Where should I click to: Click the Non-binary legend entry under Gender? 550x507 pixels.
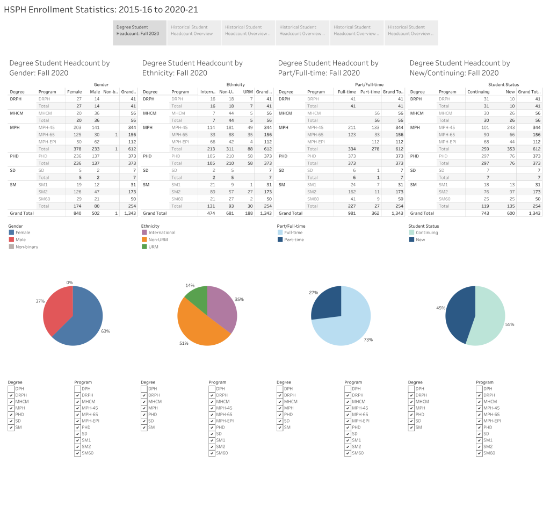[x=26, y=247]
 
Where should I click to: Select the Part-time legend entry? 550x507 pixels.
[x=293, y=240]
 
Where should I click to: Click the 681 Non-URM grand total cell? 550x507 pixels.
[x=229, y=213]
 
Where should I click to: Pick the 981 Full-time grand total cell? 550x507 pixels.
[x=350, y=213]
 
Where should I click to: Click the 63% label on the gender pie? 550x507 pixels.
[x=106, y=331]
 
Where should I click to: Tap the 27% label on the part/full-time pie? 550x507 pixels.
[x=314, y=293]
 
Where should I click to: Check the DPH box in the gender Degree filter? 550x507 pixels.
[x=11, y=388]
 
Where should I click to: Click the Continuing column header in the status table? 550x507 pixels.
[x=478, y=92]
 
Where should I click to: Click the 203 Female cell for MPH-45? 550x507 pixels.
[x=77, y=127]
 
